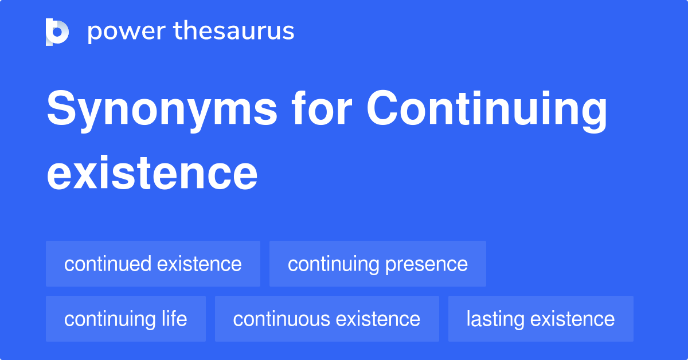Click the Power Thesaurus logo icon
coord(57,32)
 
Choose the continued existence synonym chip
coord(153,264)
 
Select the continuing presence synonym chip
coord(378,264)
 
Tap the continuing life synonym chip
coord(126,319)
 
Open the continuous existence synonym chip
coord(327,319)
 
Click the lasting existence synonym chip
coord(541,319)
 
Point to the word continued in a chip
coord(108,264)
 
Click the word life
coord(174,319)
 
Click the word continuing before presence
coord(334,264)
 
